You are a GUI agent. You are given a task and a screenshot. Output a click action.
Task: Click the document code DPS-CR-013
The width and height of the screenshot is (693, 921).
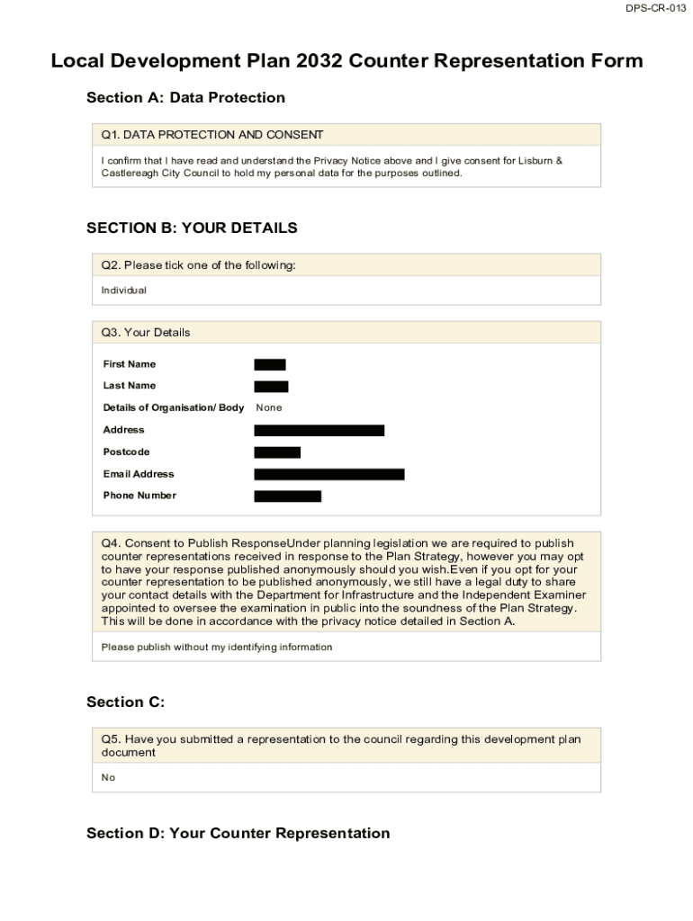click(x=656, y=8)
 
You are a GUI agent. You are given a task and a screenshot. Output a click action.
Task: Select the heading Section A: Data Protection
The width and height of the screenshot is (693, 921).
click(x=185, y=97)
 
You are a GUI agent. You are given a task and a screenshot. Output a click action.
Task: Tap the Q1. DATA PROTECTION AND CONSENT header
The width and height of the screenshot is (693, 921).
click(x=212, y=135)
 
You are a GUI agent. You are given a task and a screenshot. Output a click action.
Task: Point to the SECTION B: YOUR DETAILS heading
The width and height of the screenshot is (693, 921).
click(x=192, y=228)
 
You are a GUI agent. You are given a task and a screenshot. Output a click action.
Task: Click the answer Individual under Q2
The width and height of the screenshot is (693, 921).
click(x=123, y=291)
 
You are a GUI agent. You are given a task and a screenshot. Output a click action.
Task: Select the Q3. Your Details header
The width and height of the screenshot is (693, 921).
click(x=146, y=333)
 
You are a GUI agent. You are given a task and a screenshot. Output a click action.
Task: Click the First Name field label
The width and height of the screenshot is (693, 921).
click(x=129, y=364)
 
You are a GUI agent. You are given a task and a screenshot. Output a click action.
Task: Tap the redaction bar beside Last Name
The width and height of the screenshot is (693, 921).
click(x=271, y=387)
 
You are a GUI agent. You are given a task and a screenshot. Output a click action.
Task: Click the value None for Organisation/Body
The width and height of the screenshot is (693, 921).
click(x=269, y=408)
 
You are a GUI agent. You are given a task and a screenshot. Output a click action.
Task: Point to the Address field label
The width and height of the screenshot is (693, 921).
click(x=123, y=430)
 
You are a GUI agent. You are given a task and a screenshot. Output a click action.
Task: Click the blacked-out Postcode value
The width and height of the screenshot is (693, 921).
click(x=277, y=452)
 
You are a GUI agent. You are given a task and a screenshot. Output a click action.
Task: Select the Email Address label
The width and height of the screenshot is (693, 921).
click(x=139, y=474)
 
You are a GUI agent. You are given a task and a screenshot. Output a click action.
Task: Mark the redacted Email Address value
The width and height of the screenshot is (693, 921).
click(x=329, y=474)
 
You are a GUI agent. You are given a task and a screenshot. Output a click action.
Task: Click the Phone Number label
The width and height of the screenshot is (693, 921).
click(x=139, y=496)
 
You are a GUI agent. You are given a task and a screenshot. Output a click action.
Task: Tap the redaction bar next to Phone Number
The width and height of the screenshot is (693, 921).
click(x=288, y=496)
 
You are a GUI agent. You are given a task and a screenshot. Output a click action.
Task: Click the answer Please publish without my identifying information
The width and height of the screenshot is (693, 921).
click(x=216, y=648)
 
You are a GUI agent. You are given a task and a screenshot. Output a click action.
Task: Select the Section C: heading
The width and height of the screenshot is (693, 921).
click(x=125, y=702)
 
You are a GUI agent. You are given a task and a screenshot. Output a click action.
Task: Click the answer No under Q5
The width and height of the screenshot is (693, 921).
click(x=108, y=778)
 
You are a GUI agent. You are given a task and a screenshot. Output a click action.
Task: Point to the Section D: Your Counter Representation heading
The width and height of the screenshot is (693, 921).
click(x=238, y=834)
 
